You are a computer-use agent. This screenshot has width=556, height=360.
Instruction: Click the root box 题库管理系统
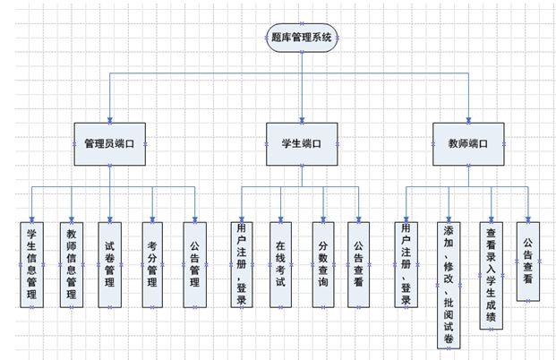302,38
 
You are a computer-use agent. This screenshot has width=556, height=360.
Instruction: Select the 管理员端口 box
110,142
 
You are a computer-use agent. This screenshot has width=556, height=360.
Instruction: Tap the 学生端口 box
302,142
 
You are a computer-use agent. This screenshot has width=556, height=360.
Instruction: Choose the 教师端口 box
468,142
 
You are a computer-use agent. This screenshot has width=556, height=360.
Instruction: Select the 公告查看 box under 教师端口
528,261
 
